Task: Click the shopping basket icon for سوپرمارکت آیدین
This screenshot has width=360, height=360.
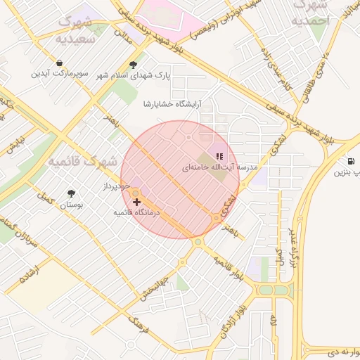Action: coord(61,62)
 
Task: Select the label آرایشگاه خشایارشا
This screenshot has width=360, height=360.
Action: coord(172,103)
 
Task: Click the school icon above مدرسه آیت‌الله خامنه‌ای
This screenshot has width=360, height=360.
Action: coord(219,156)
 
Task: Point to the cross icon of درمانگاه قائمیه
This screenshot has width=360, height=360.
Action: coord(136,202)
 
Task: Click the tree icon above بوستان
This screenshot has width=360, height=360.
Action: coord(71,193)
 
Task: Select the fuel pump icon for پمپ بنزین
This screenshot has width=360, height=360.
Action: coord(350,160)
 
